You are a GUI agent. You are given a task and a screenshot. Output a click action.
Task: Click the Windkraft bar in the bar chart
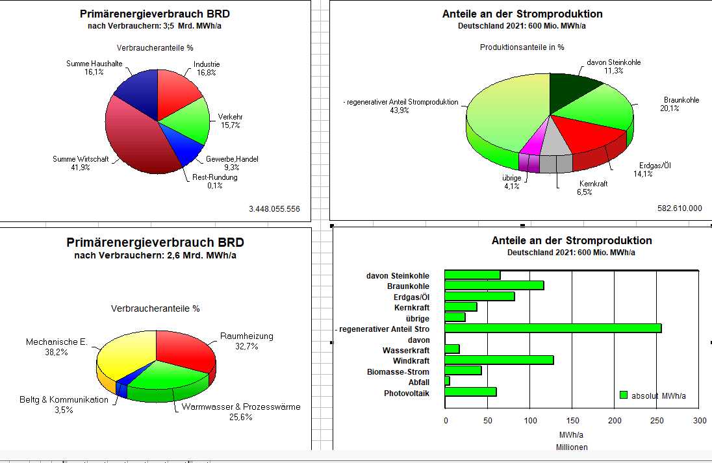click(x=499, y=360)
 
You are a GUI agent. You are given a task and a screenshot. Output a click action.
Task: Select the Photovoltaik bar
click(x=470, y=392)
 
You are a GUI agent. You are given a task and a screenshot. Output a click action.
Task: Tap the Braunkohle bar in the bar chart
click(x=494, y=286)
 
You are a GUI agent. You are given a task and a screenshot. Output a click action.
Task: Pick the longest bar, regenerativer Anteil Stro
click(x=552, y=328)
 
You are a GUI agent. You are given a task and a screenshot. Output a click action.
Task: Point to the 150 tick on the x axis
click(x=572, y=421)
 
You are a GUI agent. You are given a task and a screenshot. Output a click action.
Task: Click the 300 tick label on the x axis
click(x=699, y=421)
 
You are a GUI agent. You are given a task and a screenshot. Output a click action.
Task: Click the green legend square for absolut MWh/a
click(x=624, y=395)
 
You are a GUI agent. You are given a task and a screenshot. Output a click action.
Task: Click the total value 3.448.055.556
click(x=274, y=209)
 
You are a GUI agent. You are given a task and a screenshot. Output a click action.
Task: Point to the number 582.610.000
click(x=680, y=208)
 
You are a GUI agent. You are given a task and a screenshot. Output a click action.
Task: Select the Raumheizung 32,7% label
click(x=247, y=341)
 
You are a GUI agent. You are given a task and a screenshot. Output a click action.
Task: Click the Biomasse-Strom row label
click(x=398, y=372)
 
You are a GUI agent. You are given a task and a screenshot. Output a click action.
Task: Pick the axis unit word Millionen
click(x=572, y=447)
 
